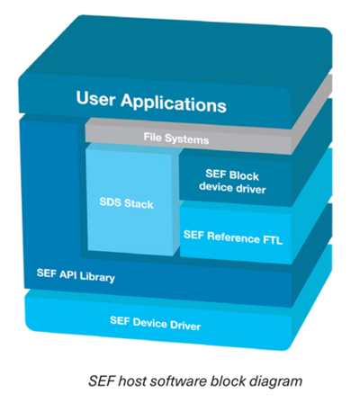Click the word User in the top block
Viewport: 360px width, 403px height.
click(x=95, y=98)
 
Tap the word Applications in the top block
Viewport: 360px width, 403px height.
click(x=174, y=103)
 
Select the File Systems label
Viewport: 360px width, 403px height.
click(x=176, y=139)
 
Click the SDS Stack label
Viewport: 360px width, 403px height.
click(x=126, y=203)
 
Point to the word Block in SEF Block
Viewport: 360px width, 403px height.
click(x=242, y=175)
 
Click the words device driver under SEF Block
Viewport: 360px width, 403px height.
click(x=232, y=187)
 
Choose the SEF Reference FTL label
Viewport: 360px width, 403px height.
click(x=233, y=237)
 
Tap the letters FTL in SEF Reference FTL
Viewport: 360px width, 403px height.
click(x=272, y=240)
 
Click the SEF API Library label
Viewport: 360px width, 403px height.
click(x=76, y=275)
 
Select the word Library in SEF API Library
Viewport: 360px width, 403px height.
click(x=97, y=277)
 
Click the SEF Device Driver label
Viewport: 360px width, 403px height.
click(x=155, y=323)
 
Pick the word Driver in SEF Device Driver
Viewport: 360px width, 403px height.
click(x=185, y=325)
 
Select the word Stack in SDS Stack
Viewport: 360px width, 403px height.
click(x=139, y=204)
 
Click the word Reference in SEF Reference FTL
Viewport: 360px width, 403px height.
click(x=233, y=237)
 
